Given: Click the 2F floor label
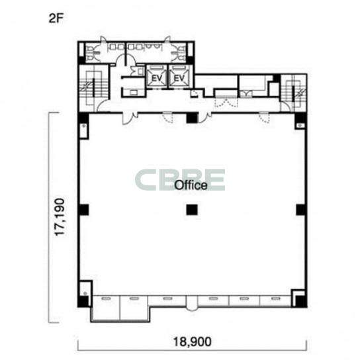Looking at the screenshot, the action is pyautogui.click(x=56, y=19).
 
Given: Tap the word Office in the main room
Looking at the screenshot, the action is pyautogui.click(x=191, y=185).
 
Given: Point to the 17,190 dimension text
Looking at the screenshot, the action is pyautogui.click(x=60, y=217).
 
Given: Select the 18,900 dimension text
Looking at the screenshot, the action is pyautogui.click(x=192, y=341).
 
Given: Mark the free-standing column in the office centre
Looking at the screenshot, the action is pyautogui.click(x=192, y=210).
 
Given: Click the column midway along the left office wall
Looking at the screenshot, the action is pyautogui.click(x=83, y=210).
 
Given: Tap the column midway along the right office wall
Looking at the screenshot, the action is pyautogui.click(x=301, y=210).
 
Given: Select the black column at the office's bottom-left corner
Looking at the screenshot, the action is pyautogui.click(x=83, y=301).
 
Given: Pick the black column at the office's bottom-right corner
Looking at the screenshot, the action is pyautogui.click(x=300, y=301).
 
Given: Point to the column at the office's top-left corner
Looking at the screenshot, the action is pyautogui.click(x=83, y=118).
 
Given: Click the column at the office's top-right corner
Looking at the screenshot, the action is pyautogui.click(x=300, y=118).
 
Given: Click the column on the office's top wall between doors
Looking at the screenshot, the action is pyautogui.click(x=192, y=118).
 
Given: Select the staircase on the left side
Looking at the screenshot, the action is pyautogui.click(x=93, y=88).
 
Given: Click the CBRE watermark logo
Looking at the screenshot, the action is pyautogui.click(x=180, y=180).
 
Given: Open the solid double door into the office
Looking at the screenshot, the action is pyautogui.click(x=130, y=118).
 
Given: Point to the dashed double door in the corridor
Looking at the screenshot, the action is pyautogui.click(x=226, y=103).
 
